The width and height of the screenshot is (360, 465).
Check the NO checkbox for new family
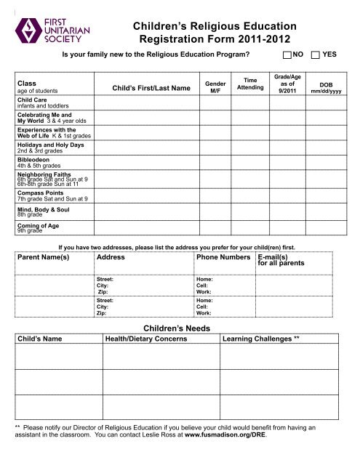click(286, 54)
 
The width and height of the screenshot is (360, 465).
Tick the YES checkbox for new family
click(316, 54)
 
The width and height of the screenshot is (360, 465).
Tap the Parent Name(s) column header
click(42, 257)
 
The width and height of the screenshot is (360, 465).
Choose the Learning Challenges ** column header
click(260, 339)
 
